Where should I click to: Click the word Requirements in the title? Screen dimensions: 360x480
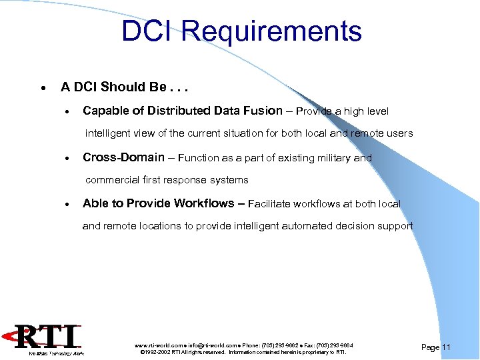(271, 31)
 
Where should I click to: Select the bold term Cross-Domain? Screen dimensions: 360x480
(123, 157)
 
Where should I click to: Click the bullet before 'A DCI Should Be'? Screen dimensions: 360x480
(43, 88)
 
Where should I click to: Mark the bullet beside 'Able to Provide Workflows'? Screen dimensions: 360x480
(67, 205)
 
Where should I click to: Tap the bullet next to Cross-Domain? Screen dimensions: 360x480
(67, 159)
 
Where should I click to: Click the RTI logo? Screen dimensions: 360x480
(50, 339)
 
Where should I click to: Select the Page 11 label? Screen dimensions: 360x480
(437, 347)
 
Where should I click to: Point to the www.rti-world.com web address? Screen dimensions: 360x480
(156, 345)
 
